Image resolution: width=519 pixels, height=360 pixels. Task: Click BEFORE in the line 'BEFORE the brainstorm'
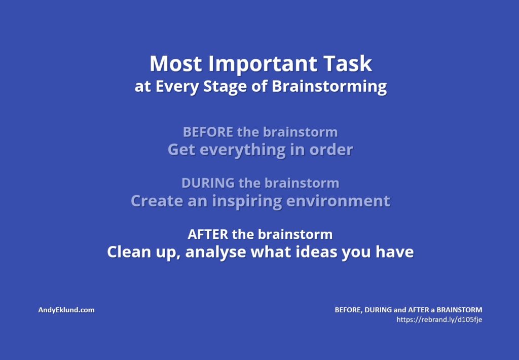click(208, 132)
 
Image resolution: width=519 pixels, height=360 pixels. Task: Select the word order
click(331, 150)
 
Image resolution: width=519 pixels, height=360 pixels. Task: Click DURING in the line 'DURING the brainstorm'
click(208, 183)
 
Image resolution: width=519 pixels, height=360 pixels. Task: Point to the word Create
click(157, 201)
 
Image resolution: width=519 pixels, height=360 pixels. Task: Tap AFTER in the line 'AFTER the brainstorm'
click(208, 234)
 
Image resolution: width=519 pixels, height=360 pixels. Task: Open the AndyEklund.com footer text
click(66, 310)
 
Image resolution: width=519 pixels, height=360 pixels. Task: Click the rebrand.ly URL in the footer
click(439, 320)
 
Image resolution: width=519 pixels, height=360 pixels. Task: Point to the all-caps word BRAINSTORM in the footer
click(459, 310)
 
